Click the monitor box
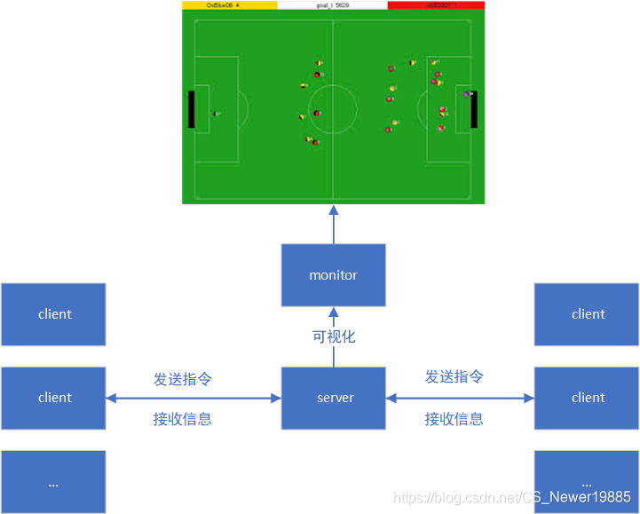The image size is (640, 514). tap(334, 275)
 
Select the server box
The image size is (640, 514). tap(334, 398)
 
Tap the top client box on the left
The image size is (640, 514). tap(53, 314)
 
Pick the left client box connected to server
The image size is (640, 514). tap(53, 398)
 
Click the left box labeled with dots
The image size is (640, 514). tap(53, 481)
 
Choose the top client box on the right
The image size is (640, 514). tap(587, 314)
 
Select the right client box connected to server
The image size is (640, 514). tap(587, 398)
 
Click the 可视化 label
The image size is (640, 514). tap(334, 337)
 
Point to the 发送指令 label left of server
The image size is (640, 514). tap(183, 379)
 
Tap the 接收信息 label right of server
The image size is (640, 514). tap(454, 419)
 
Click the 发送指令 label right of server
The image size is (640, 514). tap(454, 377)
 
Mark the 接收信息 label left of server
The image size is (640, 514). tap(183, 419)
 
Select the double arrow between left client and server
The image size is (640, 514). tap(194, 399)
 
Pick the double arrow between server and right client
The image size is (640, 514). tap(460, 399)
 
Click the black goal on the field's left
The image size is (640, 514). tap(191, 108)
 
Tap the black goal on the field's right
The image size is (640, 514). tap(474, 109)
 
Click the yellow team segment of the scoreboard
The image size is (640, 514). tap(229, 5)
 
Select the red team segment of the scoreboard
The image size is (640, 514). tap(436, 5)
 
